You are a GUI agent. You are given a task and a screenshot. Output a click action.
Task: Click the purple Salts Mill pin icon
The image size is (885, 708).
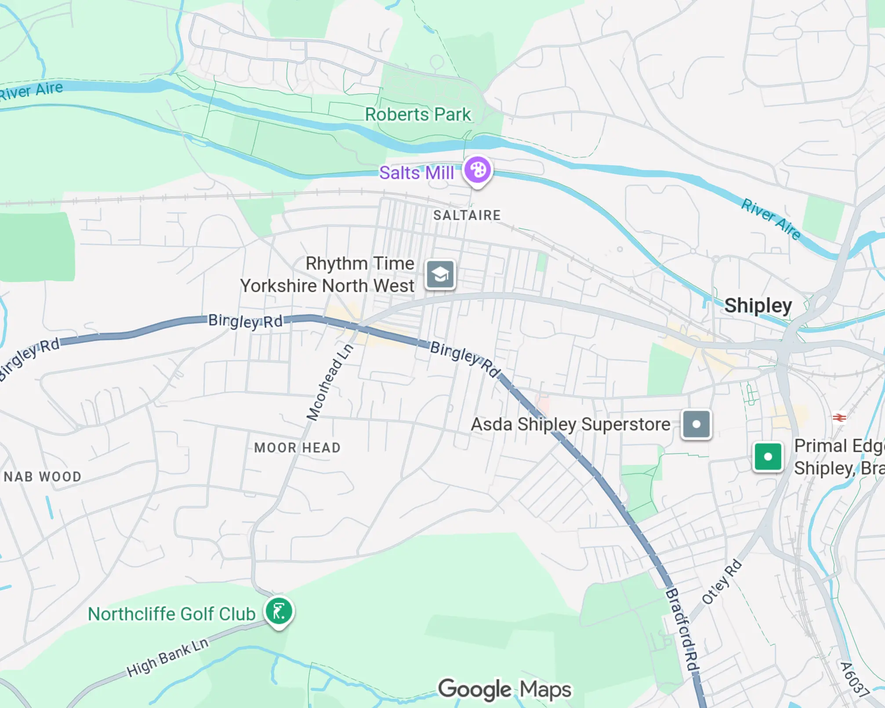[x=478, y=171]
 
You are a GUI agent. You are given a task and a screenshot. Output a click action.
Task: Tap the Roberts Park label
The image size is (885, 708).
[x=417, y=115]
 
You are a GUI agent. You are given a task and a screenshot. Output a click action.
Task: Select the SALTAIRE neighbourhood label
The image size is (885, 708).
[x=467, y=215]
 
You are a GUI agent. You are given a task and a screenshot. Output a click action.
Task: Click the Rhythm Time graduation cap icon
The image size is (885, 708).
[x=440, y=275]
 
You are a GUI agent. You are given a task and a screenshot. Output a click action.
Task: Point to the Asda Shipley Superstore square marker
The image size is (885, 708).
[x=696, y=424]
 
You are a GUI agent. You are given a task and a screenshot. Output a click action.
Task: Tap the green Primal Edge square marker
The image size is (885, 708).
[x=768, y=457]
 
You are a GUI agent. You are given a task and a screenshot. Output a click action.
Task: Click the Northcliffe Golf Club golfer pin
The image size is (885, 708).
[x=279, y=611]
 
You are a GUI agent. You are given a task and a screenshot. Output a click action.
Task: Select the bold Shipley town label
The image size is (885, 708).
[x=758, y=305]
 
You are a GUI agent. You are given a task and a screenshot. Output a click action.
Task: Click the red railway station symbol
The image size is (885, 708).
[x=839, y=417]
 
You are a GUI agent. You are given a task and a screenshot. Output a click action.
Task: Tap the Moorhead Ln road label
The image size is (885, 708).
[x=330, y=382]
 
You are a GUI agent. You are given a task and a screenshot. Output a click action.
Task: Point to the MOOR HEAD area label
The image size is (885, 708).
[x=297, y=448]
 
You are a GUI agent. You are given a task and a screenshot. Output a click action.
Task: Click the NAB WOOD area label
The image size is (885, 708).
[x=43, y=477]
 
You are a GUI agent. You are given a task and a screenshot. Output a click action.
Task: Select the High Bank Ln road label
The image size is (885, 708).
[x=167, y=657]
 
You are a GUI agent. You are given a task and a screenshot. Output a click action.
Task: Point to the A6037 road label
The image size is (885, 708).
[x=854, y=679]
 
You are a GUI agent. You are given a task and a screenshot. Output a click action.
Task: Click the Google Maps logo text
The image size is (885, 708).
[x=504, y=689]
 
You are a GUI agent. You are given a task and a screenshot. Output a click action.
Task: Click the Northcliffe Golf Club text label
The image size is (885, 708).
[x=171, y=614]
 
